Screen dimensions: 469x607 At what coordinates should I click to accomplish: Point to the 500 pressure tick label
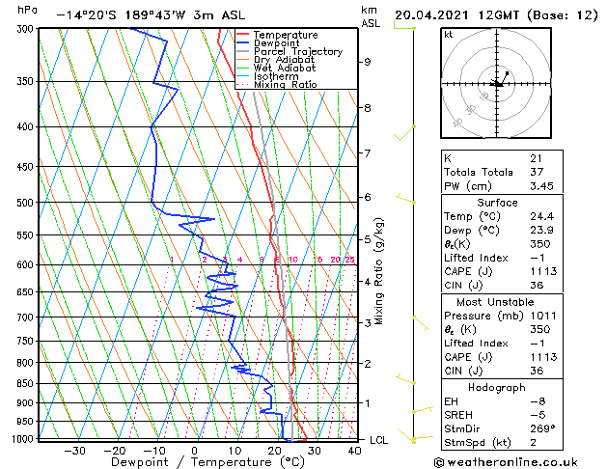click(25, 203)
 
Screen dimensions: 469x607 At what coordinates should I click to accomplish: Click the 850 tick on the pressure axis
click(25, 383)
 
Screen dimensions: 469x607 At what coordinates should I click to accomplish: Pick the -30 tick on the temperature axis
click(73, 450)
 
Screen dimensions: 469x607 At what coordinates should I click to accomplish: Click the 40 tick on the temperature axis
click(353, 450)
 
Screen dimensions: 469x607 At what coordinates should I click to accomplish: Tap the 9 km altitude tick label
click(368, 62)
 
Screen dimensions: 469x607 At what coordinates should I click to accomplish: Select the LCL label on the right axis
click(379, 440)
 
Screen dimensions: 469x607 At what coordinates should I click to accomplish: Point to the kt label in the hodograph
click(448, 34)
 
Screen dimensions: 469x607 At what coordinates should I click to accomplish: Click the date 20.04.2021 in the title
click(433, 15)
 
